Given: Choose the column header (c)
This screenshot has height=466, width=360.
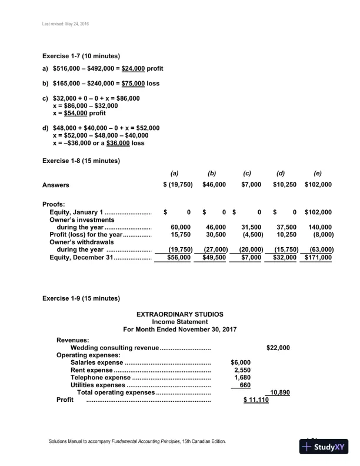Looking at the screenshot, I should (247, 174).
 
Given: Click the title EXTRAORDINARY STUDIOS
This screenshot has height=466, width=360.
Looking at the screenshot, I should (179, 314).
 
